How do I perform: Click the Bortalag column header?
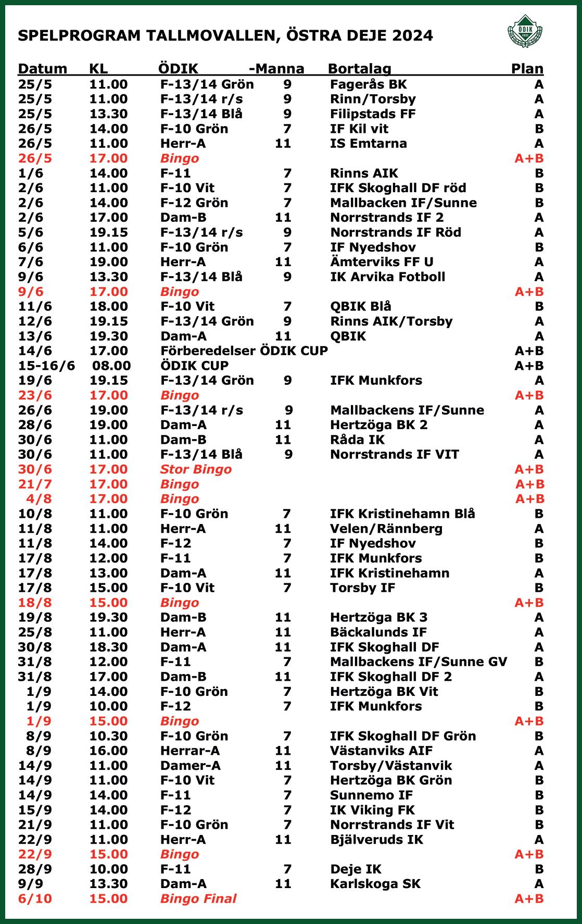(x=359, y=69)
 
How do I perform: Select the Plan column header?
(x=527, y=69)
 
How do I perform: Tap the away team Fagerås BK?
(x=369, y=84)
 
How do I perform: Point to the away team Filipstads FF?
(x=373, y=114)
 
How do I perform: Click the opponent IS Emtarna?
(x=369, y=144)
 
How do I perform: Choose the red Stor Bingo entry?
(x=196, y=469)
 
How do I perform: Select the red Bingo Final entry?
(x=198, y=898)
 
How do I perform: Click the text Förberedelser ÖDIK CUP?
(x=244, y=351)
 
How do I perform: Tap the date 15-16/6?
(x=46, y=366)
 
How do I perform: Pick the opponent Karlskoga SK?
(x=375, y=884)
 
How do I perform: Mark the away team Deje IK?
(x=356, y=869)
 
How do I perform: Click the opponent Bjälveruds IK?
(x=376, y=840)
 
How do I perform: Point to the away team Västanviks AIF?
(x=381, y=751)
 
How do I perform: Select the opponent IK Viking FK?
(x=372, y=810)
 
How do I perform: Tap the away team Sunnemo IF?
(x=371, y=795)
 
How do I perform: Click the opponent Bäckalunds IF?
(x=378, y=632)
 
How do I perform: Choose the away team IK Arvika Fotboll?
(x=387, y=277)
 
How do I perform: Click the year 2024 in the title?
(x=412, y=35)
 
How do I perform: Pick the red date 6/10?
(x=35, y=898)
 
